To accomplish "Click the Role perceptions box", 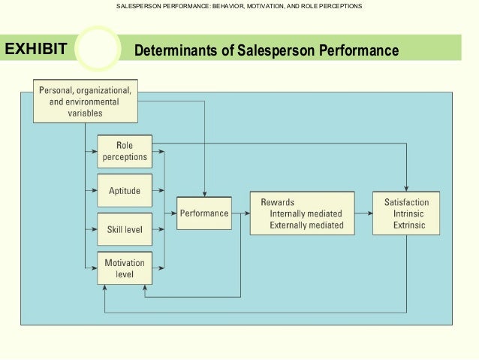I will point(125,151).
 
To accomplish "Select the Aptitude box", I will point(125,192).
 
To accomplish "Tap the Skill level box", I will point(125,229).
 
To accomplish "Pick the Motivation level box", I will point(125,268).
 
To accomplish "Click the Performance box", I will point(203,213).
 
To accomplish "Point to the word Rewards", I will point(277,203).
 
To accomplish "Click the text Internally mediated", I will point(306,214).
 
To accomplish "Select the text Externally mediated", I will point(306,225).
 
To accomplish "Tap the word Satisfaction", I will point(406,203).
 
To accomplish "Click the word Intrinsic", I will point(408,214).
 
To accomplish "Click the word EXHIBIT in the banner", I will point(36,50).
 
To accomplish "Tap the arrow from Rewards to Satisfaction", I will point(363,213).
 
